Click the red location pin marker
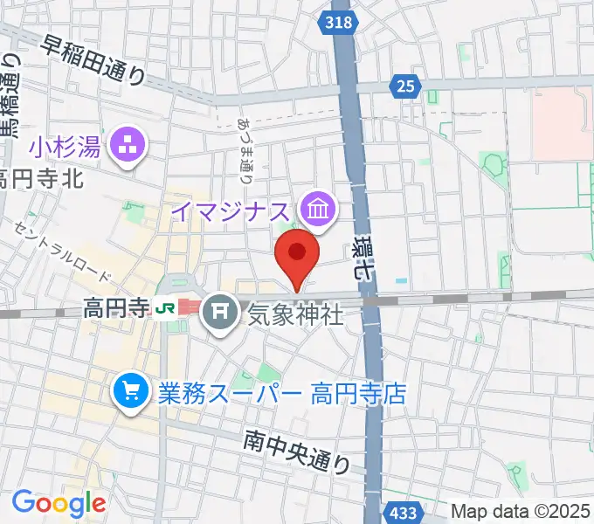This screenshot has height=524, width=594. pos(297,254)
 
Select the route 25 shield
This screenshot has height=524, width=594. pos(404,86)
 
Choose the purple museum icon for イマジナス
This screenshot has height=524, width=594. pos(314,209)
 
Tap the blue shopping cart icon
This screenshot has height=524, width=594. pos(129,390)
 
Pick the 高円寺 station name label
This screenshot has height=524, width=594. pos(117,307)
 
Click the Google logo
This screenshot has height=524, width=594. pos(58,503)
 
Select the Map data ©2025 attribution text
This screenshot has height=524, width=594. pos(519,510)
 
